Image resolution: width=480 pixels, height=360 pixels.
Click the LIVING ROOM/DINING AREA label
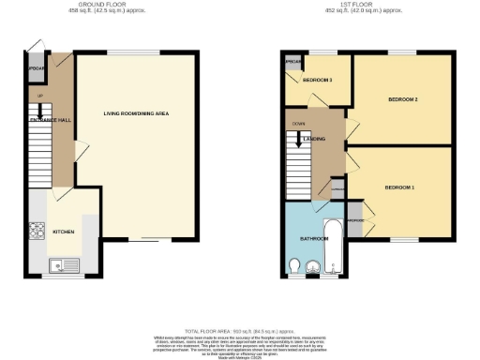pos(136,113)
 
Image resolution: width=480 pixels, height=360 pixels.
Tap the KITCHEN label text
pos(64,231)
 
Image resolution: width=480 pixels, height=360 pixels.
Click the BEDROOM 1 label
pos(398,187)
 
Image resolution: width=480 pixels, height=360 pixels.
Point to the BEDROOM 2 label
pos(402,98)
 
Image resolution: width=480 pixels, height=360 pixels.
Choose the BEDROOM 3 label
pos(318,80)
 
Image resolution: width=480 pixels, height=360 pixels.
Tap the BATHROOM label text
pos(313,239)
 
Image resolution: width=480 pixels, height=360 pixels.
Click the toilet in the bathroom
pos(297,269)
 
